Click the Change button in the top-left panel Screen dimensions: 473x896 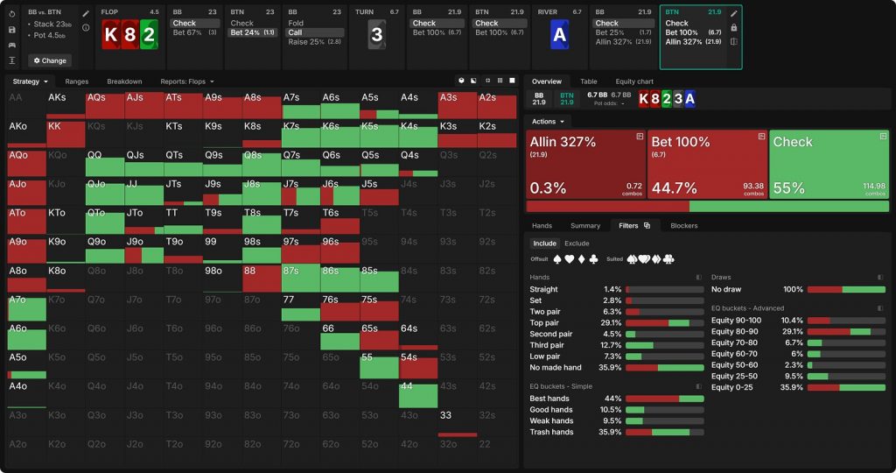(50, 60)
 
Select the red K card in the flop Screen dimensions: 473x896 (110, 36)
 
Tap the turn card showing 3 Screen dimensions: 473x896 (376, 36)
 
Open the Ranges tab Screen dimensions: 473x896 (77, 81)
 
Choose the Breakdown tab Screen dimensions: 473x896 (124, 81)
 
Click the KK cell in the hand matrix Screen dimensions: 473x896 (66, 134)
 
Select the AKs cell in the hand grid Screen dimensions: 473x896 (66, 104)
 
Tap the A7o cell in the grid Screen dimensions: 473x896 (26, 307)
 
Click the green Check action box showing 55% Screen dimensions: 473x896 (829, 165)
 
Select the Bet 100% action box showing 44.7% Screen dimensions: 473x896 (707, 165)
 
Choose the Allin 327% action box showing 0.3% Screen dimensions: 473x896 (585, 165)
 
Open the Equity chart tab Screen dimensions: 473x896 (634, 81)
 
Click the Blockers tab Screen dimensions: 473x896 (684, 225)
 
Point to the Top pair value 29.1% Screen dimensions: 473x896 (612, 322)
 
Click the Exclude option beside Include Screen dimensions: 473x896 (577, 244)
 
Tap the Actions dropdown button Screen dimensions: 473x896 (549, 121)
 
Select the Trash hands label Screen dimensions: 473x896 (551, 432)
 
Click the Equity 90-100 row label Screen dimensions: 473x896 (737, 320)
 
